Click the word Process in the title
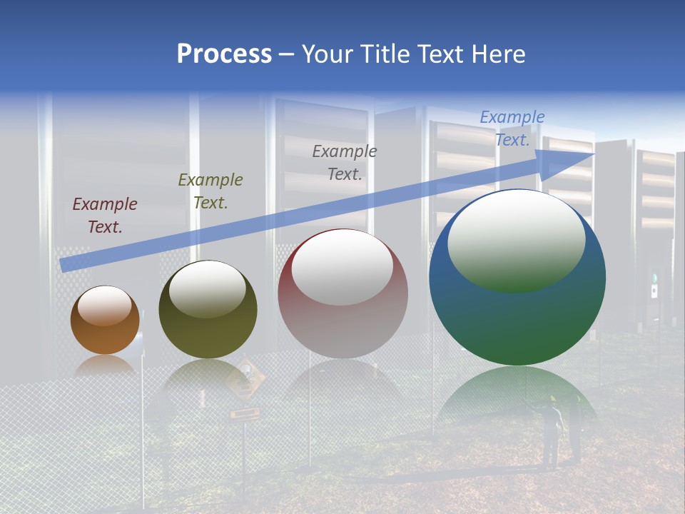tap(224, 54)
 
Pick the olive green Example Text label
tap(210, 191)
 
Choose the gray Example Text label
tap(345, 163)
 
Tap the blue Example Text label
tap(512, 128)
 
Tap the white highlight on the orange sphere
tap(105, 306)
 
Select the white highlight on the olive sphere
tap(208, 288)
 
